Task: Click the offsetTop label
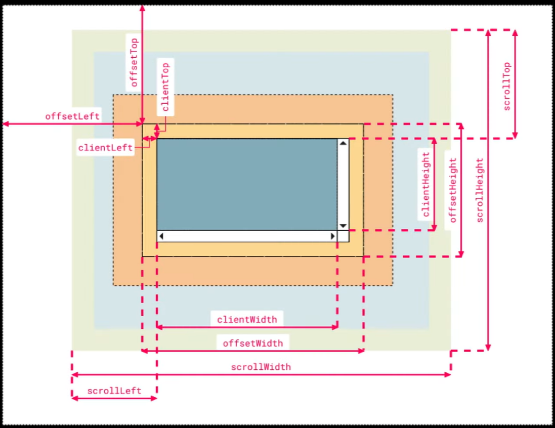pos(134,62)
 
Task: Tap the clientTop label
pos(165,87)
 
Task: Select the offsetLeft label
pos(72,116)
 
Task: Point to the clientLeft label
pos(105,147)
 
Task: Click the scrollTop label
pos(507,86)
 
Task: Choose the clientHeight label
pos(426,185)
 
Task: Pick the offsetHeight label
pos(453,190)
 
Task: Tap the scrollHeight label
pos(480,190)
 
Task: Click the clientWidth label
pos(247,319)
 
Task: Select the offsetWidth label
pos(253,343)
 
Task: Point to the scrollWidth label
pos(261,367)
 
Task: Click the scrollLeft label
pos(114,391)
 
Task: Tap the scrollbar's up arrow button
pos(343,143)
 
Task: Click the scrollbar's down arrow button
pos(343,226)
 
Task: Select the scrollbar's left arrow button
pos(161,236)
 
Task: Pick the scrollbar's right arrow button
pos(333,236)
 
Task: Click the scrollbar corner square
pos(344,236)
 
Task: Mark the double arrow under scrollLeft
pos(114,398)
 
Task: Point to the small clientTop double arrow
pos(157,132)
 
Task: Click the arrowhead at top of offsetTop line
pos(142,8)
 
